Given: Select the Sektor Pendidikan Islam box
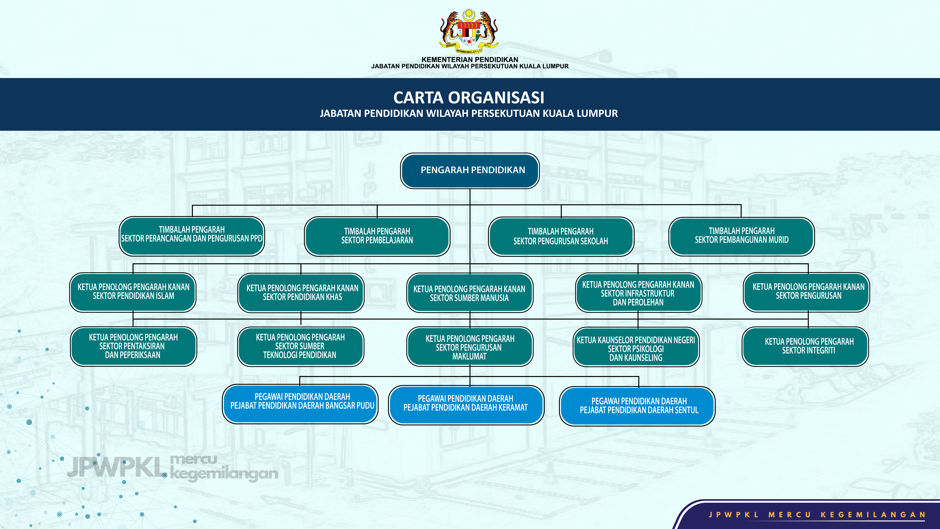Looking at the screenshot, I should click(133, 292).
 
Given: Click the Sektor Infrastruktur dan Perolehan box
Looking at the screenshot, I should click(638, 293).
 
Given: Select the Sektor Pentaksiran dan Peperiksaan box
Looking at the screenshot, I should click(133, 346).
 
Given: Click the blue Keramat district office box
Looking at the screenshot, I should click(466, 405).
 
